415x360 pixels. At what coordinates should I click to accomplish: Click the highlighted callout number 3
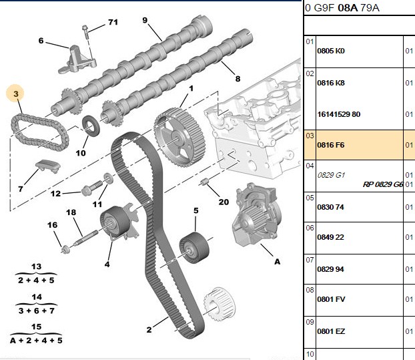pyautogui.click(x=16, y=94)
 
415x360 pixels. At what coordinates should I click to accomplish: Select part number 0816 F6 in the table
pyautogui.click(x=331, y=145)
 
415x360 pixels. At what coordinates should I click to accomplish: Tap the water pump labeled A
pyautogui.click(x=255, y=214)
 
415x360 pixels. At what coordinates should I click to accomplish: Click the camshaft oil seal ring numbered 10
pyautogui.click(x=91, y=126)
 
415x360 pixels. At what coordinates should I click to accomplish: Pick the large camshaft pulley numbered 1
pyautogui.click(x=180, y=137)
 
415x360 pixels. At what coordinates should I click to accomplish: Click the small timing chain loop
pyautogui.click(x=40, y=132)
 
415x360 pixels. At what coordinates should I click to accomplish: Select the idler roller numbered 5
pyautogui.click(x=194, y=248)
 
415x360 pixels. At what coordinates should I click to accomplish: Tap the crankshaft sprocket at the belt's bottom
pyautogui.click(x=220, y=304)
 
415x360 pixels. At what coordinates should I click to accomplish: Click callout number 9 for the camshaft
pyautogui.click(x=145, y=21)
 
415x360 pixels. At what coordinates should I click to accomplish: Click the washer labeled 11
pyautogui.click(x=108, y=178)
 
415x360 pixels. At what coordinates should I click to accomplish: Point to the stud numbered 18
pyautogui.click(x=84, y=238)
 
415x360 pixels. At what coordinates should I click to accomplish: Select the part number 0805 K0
pyautogui.click(x=331, y=51)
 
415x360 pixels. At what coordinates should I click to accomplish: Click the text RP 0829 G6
pyautogui.click(x=383, y=184)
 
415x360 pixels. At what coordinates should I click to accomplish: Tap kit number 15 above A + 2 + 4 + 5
pyautogui.click(x=36, y=327)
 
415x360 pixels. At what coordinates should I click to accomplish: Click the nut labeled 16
pyautogui.click(x=65, y=249)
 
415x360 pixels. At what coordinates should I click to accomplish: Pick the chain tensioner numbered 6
pyautogui.click(x=77, y=59)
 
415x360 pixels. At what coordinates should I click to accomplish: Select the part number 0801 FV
pyautogui.click(x=331, y=299)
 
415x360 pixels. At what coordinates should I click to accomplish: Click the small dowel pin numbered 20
pyautogui.click(x=204, y=182)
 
